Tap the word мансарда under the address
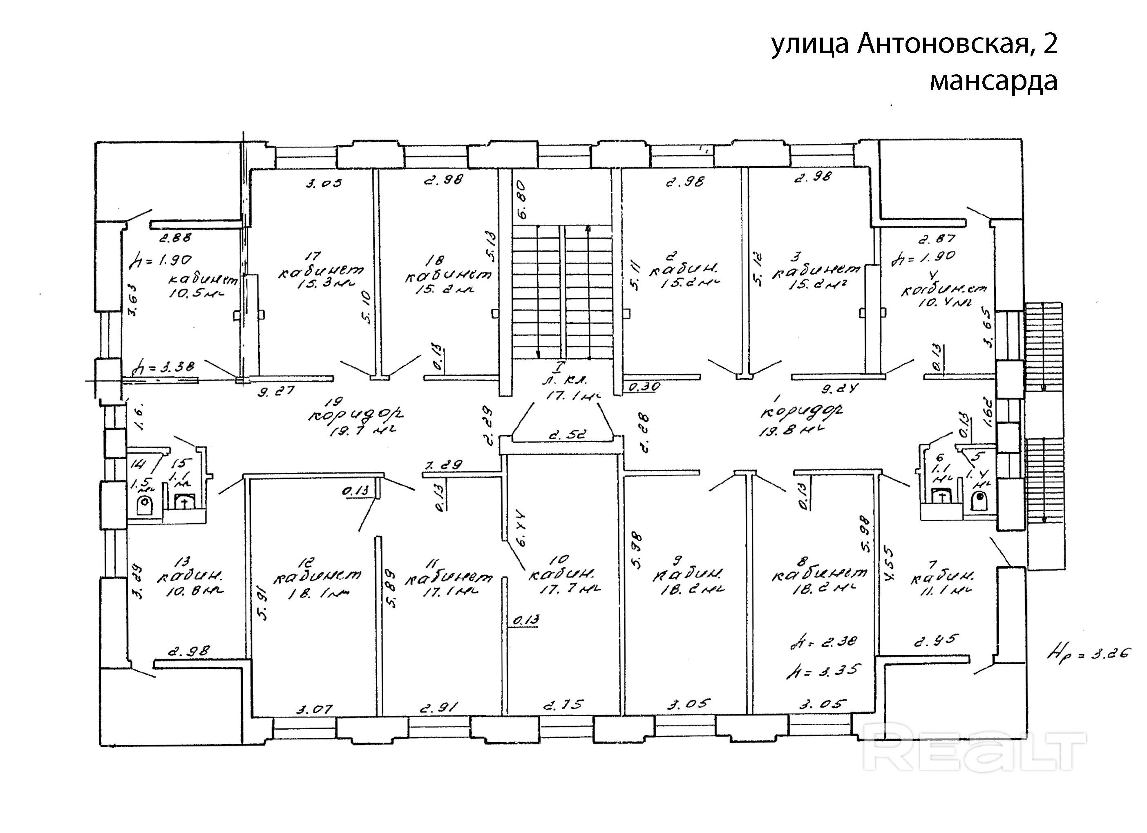[993, 81]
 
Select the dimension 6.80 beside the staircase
[522, 200]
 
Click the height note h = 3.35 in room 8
[823, 671]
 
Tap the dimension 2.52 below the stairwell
[563, 434]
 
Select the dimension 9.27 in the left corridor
[276, 391]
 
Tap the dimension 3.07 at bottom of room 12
[314, 710]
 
